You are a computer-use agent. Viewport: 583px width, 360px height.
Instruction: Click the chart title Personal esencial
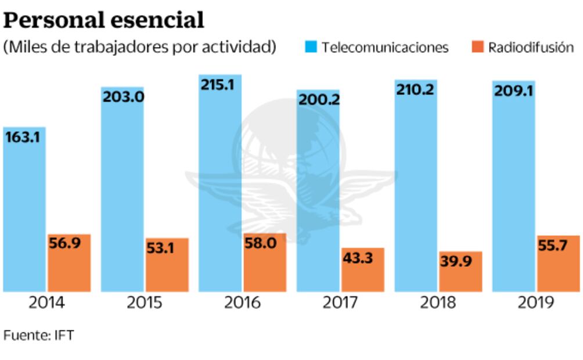click(105, 20)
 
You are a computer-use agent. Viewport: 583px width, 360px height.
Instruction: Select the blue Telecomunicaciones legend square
click(311, 46)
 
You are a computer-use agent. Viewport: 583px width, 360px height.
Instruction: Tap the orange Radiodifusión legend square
click(477, 46)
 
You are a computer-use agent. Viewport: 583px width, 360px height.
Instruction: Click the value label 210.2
click(416, 90)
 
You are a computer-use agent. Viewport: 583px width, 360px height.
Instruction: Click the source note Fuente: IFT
click(38, 336)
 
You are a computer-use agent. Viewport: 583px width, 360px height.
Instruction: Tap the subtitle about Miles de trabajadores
click(139, 47)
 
